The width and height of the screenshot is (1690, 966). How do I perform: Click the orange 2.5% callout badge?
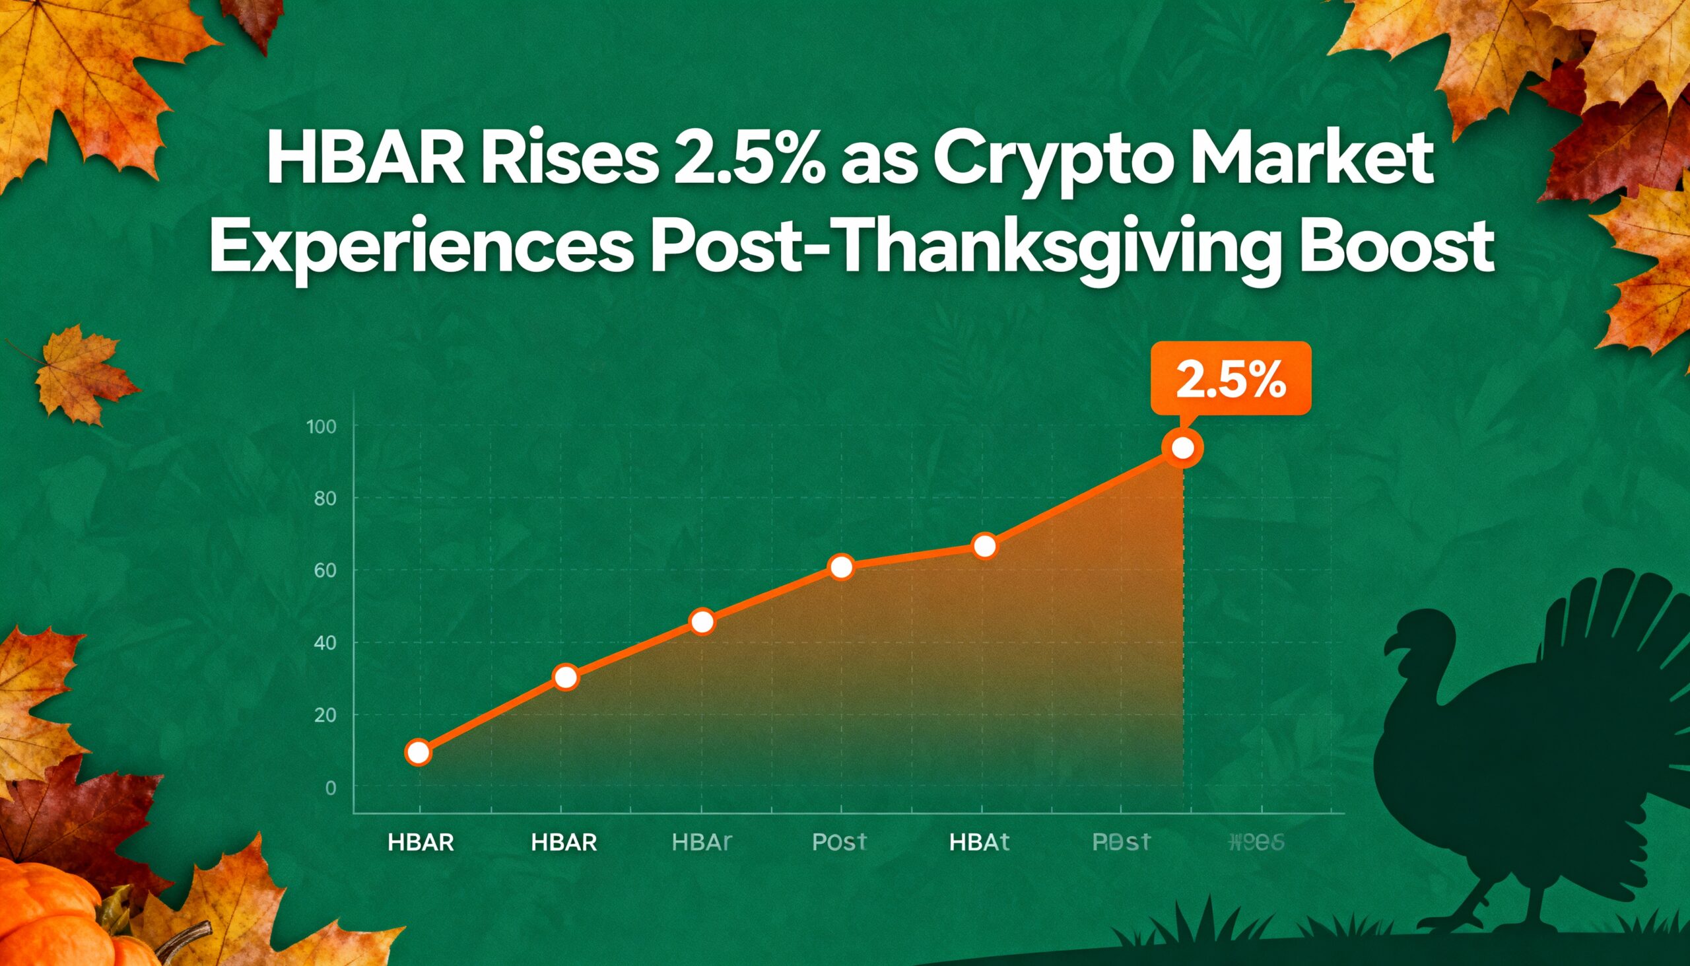1231,379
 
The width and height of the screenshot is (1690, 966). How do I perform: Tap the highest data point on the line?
1182,448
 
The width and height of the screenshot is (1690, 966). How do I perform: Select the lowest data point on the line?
419,752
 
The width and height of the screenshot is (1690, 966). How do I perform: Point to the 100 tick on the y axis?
321,427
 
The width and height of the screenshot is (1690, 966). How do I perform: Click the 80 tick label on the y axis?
325,499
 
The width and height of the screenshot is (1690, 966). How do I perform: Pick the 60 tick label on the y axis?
325,570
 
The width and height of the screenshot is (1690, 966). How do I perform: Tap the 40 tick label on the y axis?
325,643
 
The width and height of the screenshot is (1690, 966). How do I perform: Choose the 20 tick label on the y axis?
325,715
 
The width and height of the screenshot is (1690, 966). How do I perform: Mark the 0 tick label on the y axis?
330,788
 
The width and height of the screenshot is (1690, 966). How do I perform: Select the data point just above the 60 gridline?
841,567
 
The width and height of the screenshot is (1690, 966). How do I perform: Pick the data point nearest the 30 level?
565,677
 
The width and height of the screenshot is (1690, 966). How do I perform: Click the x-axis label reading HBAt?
979,843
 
